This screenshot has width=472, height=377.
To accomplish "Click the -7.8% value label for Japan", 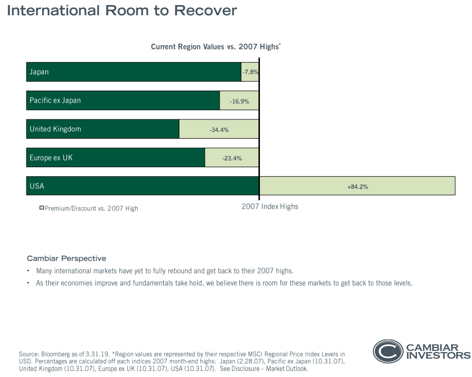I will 250,72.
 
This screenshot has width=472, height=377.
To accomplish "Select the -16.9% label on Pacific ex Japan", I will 239,101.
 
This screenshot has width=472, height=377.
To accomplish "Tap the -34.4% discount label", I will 219,130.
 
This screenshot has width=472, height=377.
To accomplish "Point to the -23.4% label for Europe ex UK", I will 232,158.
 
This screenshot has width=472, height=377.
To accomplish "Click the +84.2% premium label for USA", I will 358,186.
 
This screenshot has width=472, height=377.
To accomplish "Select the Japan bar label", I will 39,72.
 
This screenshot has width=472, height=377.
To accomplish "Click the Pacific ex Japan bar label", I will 55,101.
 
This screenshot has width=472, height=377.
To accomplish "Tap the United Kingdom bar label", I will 55,129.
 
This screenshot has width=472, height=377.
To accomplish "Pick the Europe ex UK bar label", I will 51,158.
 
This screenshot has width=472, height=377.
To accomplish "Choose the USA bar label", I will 37,186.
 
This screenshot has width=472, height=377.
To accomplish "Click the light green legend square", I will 42,208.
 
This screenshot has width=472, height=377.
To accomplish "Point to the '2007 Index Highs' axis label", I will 270,207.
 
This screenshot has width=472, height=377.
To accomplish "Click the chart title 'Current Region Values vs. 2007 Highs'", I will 216,47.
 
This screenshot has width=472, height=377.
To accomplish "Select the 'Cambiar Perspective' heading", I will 67,259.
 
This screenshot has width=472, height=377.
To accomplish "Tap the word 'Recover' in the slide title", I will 206,10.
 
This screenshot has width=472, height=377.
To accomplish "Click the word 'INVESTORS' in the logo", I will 438,356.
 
